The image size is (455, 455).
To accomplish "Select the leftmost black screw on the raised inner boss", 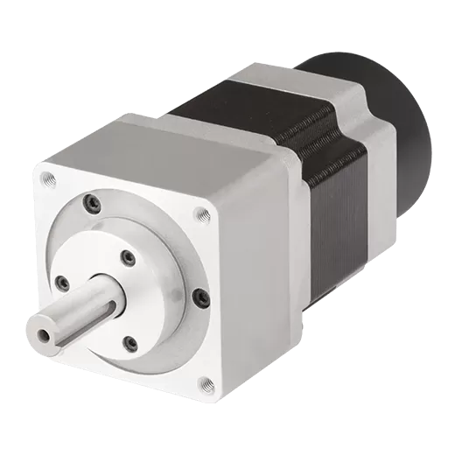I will pos(63,282).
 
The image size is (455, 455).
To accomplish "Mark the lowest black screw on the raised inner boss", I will pos(131,342).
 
